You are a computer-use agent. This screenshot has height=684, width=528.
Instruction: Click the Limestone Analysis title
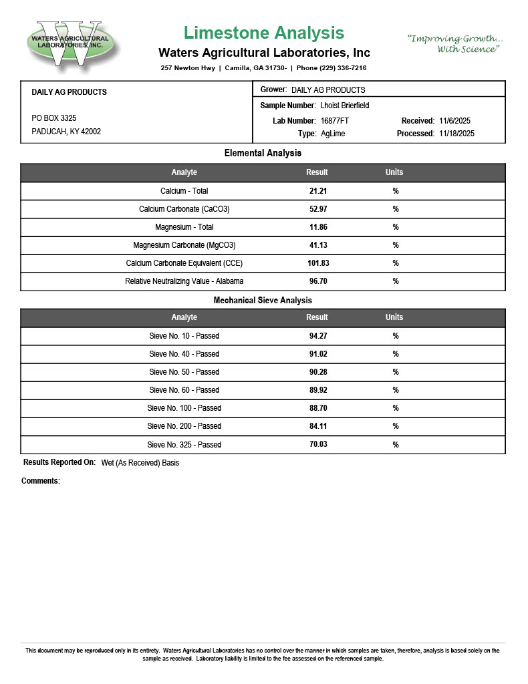pyautogui.click(x=264, y=33)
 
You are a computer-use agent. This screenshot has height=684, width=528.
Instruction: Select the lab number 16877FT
pyautogui.click(x=335, y=121)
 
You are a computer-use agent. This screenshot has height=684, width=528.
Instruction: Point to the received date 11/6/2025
pyautogui.click(x=455, y=121)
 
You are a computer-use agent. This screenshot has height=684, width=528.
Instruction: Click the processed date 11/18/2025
pyautogui.click(x=457, y=134)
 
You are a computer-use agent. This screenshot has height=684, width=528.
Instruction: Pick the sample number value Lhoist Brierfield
pyautogui.click(x=345, y=106)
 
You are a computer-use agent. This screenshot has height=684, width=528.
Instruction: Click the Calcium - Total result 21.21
pyautogui.click(x=317, y=191)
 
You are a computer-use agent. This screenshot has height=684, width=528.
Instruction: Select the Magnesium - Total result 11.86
pyautogui.click(x=317, y=227)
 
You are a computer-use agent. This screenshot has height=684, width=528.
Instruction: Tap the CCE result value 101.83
pyautogui.click(x=317, y=263)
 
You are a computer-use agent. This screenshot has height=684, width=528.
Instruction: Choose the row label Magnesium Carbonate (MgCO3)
pyautogui.click(x=184, y=245)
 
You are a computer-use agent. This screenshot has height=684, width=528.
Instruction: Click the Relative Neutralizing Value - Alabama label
pyautogui.click(x=184, y=281)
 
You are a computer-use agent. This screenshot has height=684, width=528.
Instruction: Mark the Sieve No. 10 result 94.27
pyautogui.click(x=317, y=336)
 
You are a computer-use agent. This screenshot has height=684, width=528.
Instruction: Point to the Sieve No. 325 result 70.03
pyautogui.click(x=317, y=444)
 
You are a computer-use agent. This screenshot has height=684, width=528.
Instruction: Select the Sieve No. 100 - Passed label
pyautogui.click(x=184, y=408)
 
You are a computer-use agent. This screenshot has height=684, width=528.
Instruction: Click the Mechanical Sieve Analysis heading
pyautogui.click(x=263, y=301)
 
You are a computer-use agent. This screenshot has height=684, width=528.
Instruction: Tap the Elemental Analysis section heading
pyautogui.click(x=263, y=154)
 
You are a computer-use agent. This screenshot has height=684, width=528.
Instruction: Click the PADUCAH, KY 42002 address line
pyautogui.click(x=66, y=132)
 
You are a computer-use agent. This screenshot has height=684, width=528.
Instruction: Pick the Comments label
pyautogui.click(x=41, y=481)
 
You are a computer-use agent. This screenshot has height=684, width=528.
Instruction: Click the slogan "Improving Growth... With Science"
pyautogui.click(x=456, y=44)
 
